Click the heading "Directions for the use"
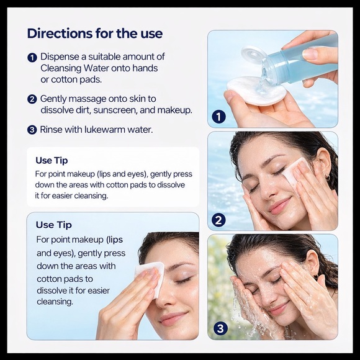95,34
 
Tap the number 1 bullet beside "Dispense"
32,58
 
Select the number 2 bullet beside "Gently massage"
32,99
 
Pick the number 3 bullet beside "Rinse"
32,130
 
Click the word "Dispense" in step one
60,57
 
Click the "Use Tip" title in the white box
52,161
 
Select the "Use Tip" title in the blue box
54,225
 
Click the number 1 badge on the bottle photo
218,117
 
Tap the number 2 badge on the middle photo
218,220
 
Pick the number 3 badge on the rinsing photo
220,328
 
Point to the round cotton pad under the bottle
256,91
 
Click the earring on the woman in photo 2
328,178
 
